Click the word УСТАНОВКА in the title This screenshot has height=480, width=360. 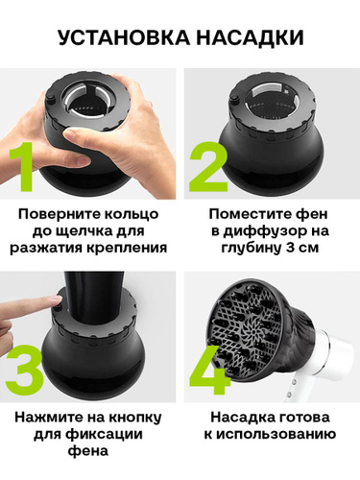(124, 37)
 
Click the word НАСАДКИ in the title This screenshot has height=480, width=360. (250, 37)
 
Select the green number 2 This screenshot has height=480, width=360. (208, 166)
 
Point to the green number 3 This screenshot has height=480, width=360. (24, 371)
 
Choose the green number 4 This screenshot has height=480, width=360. (209, 371)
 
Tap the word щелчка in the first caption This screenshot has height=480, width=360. (84, 231)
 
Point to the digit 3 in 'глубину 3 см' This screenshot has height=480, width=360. (288, 248)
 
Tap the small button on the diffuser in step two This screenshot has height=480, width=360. (234, 99)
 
